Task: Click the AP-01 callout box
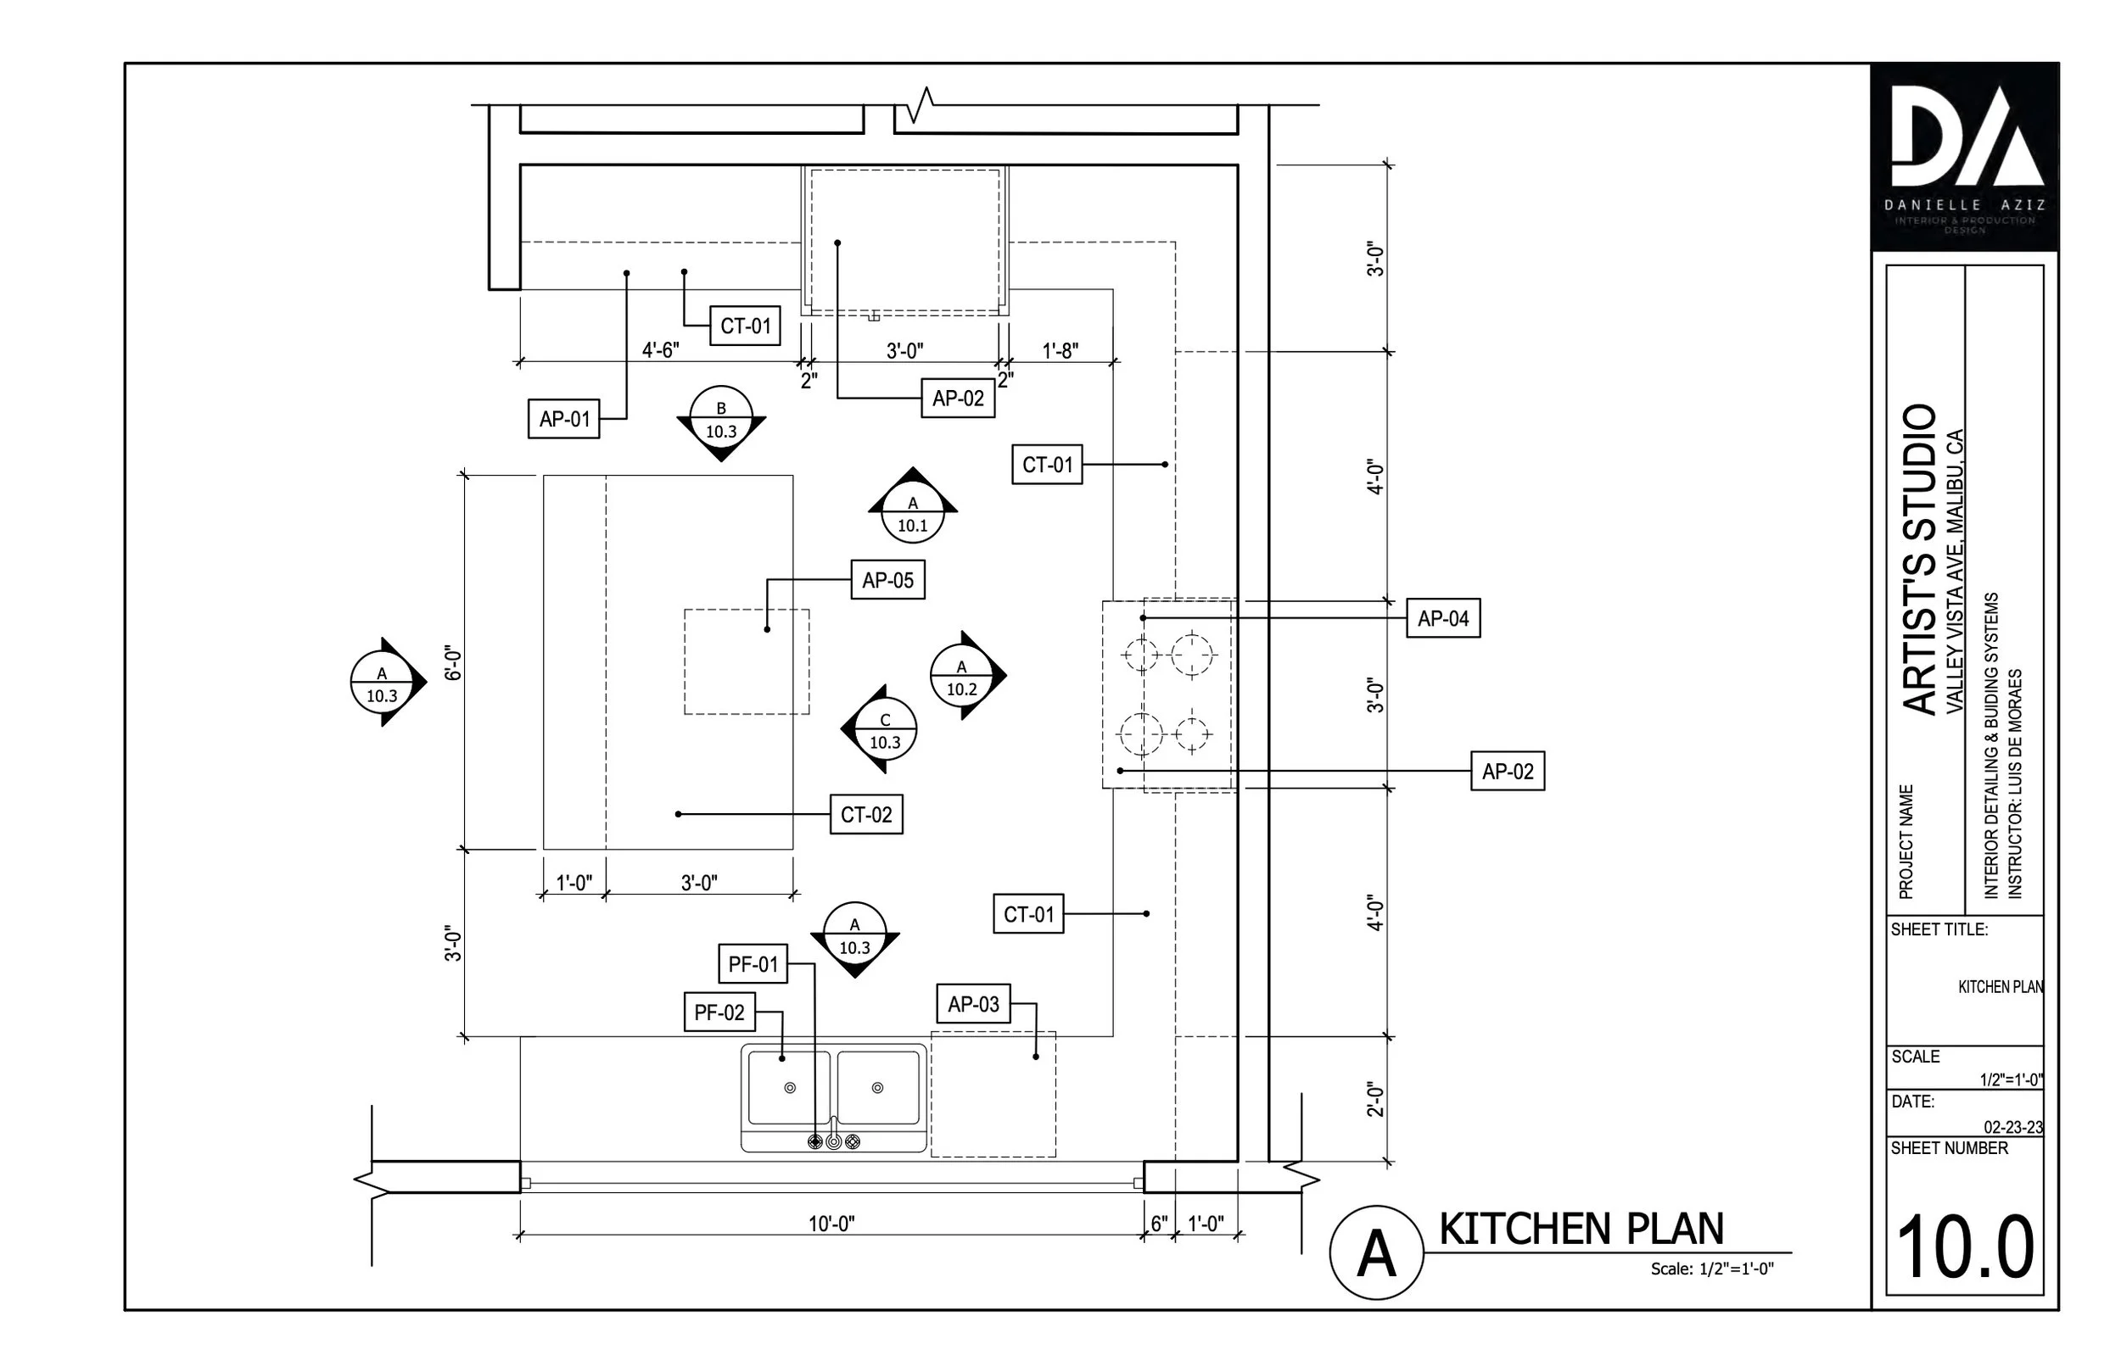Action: point(564,419)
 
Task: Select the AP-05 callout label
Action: point(887,580)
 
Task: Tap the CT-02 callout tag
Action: point(866,814)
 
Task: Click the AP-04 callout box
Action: point(1443,618)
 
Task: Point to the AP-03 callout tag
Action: point(973,1004)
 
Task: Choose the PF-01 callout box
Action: point(753,964)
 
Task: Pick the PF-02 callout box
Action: point(719,1012)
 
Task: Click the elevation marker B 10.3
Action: point(721,421)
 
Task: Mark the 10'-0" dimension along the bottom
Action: point(831,1224)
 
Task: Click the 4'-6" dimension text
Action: point(660,350)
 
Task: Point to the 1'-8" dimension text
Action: point(1060,351)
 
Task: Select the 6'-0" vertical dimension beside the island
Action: point(455,664)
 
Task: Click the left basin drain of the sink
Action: point(790,1088)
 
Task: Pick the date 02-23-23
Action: point(2012,1127)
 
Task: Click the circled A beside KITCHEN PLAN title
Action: point(1375,1252)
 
